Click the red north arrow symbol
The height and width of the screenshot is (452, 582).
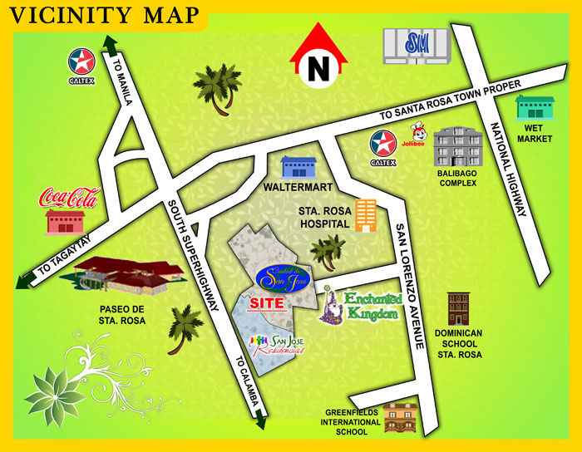[317, 56]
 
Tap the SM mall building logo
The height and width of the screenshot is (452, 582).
[416, 44]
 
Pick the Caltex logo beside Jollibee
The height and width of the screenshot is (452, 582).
[383, 144]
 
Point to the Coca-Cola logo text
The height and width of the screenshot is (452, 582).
[69, 198]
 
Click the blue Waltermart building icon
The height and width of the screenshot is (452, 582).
[299, 167]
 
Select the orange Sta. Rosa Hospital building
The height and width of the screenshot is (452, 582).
[364, 215]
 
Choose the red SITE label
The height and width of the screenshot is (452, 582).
[268, 302]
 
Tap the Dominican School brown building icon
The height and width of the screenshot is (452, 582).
[458, 309]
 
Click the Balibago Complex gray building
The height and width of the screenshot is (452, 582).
[457, 147]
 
